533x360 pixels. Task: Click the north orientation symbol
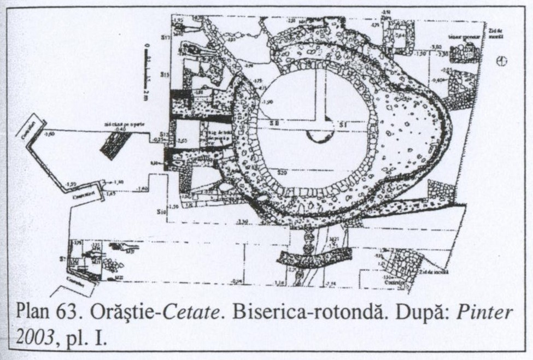(x=501, y=61)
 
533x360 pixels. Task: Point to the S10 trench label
(x=161, y=211)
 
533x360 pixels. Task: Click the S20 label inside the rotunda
(x=283, y=173)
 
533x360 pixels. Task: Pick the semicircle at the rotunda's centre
(x=320, y=135)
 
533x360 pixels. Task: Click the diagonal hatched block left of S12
(x=115, y=144)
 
